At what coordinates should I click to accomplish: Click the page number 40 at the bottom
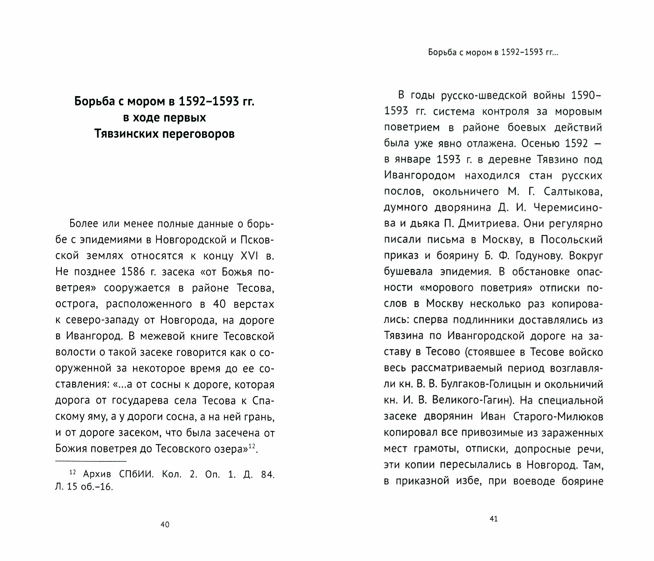coord(165,525)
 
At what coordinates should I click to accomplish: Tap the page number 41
coord(494,519)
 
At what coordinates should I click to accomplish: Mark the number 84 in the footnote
coord(267,474)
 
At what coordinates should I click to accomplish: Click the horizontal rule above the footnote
coord(90,461)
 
